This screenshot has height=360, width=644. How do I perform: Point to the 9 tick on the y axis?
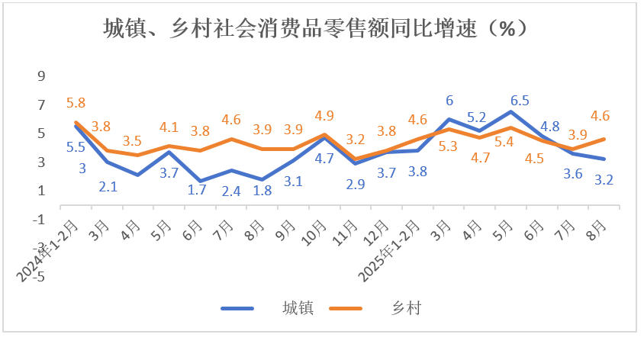pos(41,76)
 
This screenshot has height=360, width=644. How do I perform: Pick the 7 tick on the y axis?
pos(41,104)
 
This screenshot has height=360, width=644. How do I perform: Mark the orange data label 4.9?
pos(324,116)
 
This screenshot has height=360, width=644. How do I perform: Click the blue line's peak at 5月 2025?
pos(510,112)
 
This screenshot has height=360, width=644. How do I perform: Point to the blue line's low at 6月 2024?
pos(199,182)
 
